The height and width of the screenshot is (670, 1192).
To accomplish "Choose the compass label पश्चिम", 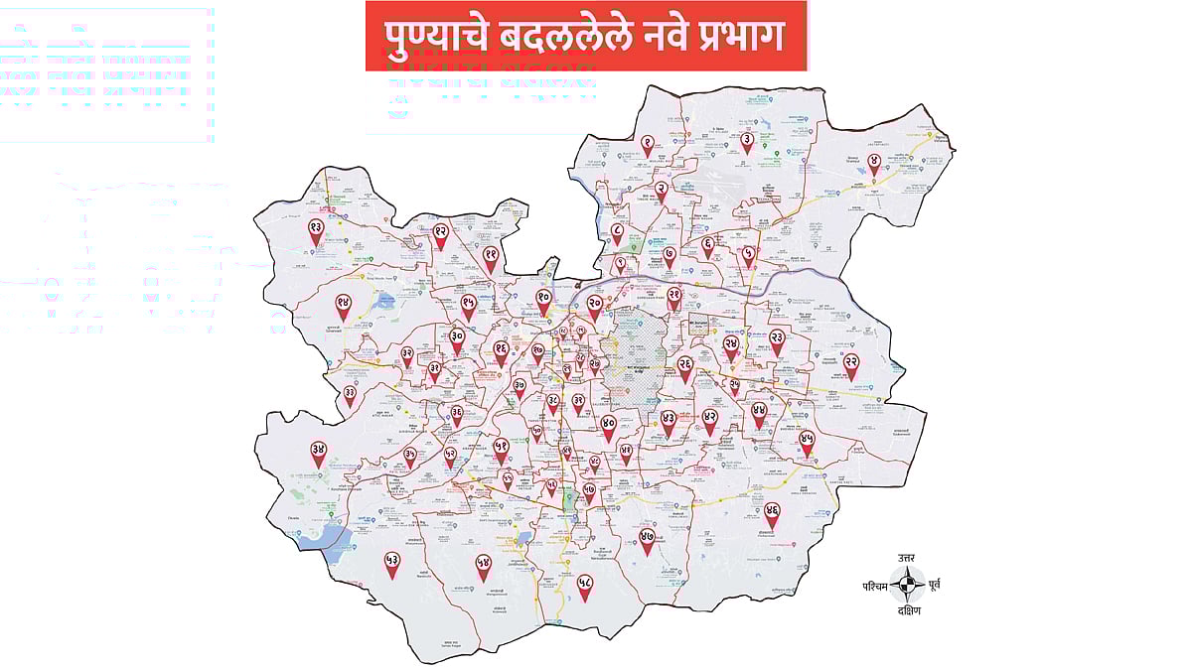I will coord(878,586).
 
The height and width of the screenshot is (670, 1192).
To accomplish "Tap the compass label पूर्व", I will coord(935,585).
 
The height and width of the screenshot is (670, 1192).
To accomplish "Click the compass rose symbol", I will coord(906,586).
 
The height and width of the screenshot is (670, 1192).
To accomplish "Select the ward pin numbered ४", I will coord(874,162).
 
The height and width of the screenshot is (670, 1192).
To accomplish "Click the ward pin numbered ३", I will coord(747,141).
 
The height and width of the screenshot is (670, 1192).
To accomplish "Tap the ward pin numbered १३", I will coord(316,230).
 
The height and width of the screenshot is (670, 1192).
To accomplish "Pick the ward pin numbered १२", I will coord(441,233).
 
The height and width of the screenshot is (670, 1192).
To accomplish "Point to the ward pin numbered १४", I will coord(343,305).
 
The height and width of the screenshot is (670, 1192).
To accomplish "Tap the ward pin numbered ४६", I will coord(772,512).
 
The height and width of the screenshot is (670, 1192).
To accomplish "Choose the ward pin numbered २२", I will coord(851,364).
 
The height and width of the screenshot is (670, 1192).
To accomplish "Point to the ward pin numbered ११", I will coord(491,256).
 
